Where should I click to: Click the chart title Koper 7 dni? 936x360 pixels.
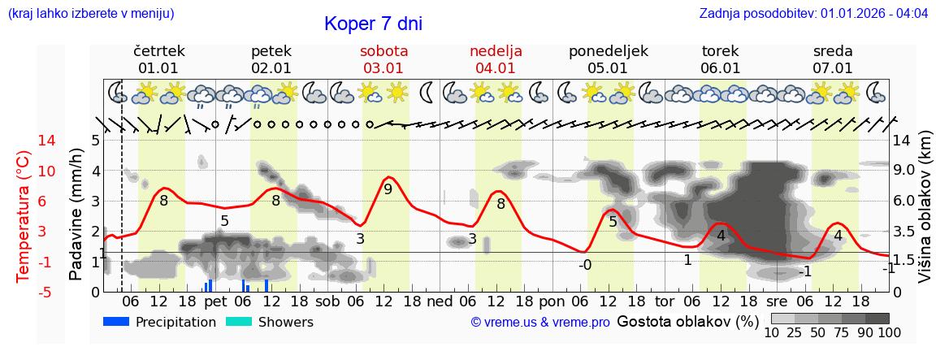(373, 24)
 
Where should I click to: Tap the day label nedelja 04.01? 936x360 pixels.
(496, 59)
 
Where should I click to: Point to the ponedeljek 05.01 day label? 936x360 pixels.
(608, 59)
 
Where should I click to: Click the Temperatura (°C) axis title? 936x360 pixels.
(24, 216)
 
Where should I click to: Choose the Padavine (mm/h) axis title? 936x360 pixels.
(76, 215)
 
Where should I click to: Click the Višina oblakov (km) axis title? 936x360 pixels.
(925, 215)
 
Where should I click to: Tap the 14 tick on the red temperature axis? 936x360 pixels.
(24, 141)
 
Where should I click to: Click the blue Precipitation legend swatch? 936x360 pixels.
(116, 322)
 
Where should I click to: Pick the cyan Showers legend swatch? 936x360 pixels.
(238, 322)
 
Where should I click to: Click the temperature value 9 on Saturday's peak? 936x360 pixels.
(388, 189)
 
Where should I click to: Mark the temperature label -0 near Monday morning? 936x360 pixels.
(584, 265)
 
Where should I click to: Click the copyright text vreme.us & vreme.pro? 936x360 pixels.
(540, 323)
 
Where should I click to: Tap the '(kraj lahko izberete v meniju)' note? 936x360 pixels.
(91, 14)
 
